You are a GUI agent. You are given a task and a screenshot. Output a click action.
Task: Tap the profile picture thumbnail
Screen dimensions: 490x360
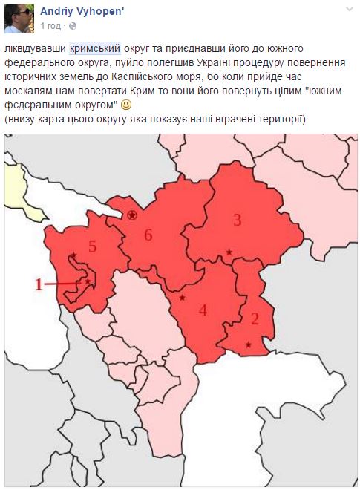(x=19, y=19)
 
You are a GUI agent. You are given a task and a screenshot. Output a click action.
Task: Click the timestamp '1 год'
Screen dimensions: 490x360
(x=50, y=26)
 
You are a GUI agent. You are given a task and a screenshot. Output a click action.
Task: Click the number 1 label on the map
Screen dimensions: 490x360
(x=40, y=283)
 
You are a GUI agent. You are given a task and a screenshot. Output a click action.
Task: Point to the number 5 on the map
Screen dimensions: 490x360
(x=92, y=247)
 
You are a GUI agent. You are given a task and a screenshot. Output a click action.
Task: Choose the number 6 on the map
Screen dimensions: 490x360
(x=148, y=235)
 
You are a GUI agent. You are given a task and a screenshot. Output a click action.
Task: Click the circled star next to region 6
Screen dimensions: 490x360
(x=132, y=215)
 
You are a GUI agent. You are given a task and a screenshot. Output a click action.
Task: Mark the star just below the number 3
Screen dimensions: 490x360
(x=229, y=253)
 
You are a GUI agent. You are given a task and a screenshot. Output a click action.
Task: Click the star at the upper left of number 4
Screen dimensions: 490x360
(x=182, y=298)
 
